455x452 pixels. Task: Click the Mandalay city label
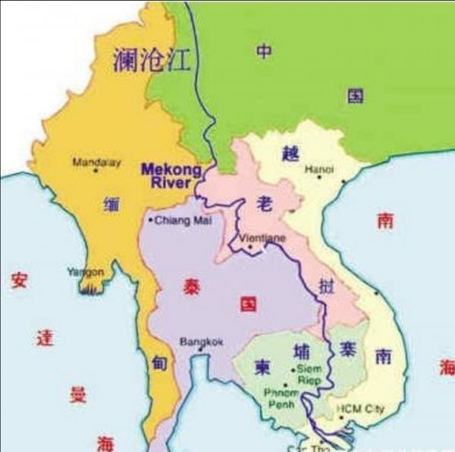[x=96, y=162]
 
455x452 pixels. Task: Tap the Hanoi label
[x=318, y=169]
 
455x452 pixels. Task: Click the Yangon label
[x=85, y=271]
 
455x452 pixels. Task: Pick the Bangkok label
[x=201, y=342]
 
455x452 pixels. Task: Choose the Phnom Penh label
[x=281, y=399]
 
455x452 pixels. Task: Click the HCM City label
[x=361, y=409]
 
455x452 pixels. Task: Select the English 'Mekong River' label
[x=171, y=175]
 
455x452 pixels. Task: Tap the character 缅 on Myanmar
[x=111, y=204]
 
